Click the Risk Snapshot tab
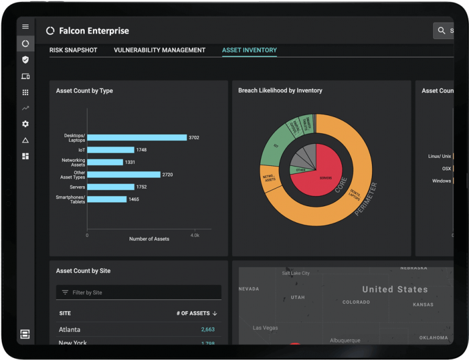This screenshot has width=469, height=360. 73,50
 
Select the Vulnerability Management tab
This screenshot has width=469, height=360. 159,50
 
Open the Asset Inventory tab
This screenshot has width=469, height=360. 249,50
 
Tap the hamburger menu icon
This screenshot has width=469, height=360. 25,27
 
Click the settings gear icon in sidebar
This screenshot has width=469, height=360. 25,124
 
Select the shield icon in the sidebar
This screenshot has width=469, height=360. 25,60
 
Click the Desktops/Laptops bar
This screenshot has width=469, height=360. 137,137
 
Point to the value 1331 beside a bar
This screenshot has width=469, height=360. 130,162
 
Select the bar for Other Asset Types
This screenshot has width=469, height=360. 123,175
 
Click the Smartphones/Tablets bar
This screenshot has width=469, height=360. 107,200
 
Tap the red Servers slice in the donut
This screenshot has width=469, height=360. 316,176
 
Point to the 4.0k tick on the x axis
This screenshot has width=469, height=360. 195,235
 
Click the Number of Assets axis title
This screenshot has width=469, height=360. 149,239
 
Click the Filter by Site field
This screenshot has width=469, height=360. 139,292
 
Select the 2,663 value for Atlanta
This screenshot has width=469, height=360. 208,329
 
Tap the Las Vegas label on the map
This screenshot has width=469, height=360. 266,328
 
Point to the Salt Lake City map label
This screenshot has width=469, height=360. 296,273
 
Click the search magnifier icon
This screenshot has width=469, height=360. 442,31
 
